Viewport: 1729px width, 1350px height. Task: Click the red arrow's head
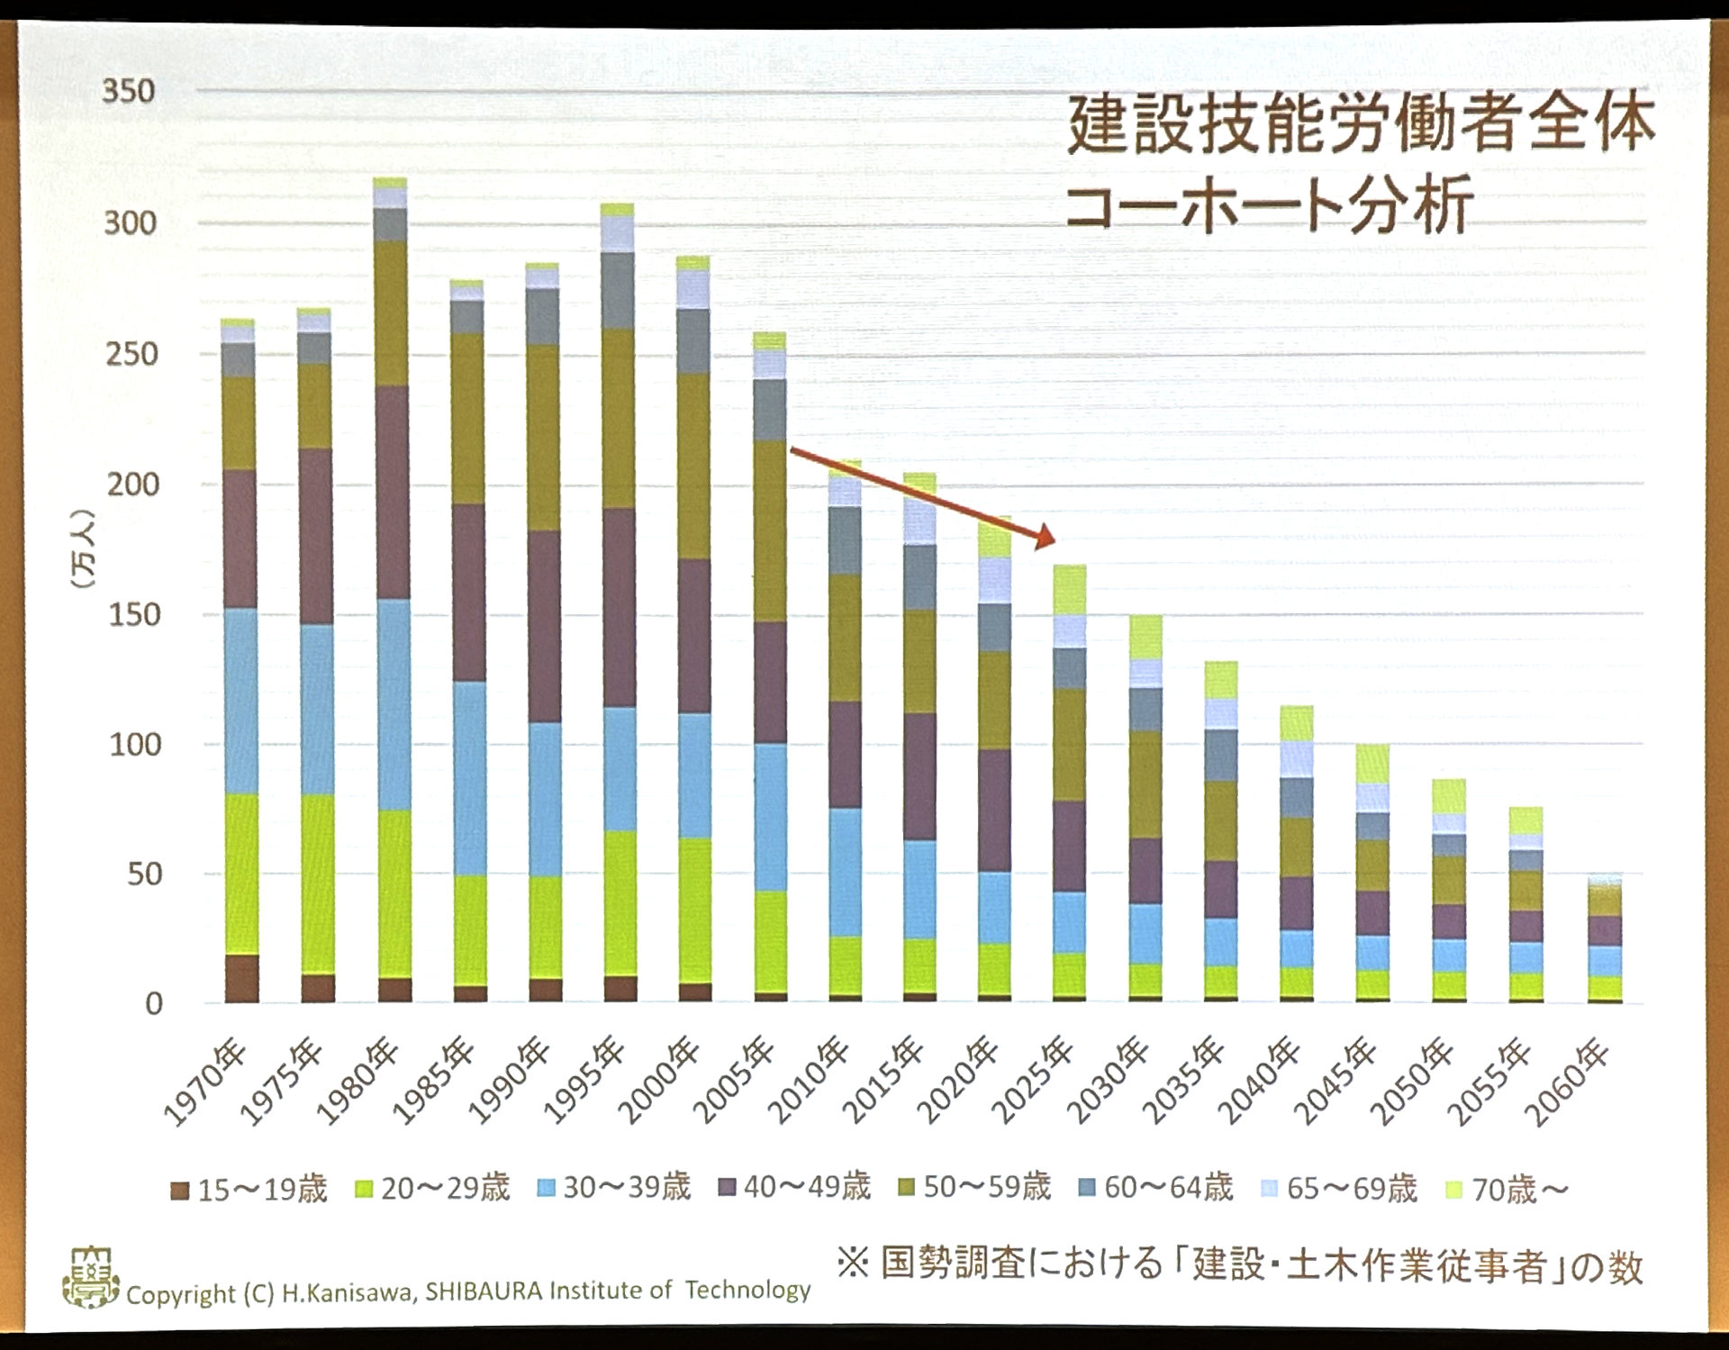tap(1045, 538)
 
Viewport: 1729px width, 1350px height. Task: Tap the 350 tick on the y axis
tap(128, 91)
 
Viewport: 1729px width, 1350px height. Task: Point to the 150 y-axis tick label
tap(133, 615)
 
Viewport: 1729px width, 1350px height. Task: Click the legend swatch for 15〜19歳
tap(180, 1191)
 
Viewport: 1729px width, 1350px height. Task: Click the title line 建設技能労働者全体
tap(1360, 123)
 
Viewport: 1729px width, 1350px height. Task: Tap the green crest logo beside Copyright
tap(90, 1277)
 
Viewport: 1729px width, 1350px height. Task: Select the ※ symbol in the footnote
tap(852, 1263)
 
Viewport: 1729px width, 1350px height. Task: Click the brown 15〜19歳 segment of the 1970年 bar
tap(241, 979)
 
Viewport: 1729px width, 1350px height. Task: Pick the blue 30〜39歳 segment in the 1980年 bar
tap(394, 704)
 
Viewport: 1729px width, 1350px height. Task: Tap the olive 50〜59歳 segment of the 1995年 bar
tap(619, 419)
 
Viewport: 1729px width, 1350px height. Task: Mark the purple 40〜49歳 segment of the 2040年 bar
tap(1296, 903)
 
